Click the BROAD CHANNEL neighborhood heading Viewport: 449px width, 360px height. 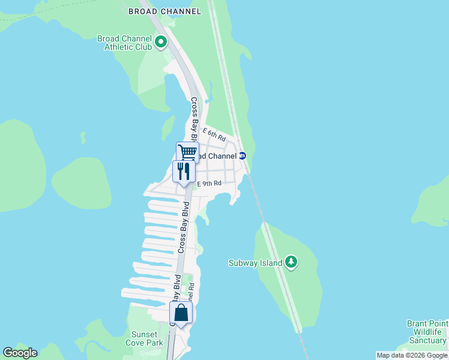tap(164, 11)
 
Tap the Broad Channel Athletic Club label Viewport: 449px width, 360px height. tap(124, 43)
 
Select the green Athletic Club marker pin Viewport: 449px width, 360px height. tap(160, 42)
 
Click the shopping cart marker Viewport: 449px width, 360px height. tap(187, 152)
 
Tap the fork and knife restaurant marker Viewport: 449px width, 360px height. tap(184, 171)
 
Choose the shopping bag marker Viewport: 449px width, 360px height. tap(181, 313)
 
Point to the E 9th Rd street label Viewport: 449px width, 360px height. tap(209, 184)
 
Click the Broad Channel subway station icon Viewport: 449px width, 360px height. tap(243, 156)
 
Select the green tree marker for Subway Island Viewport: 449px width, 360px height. tap(291, 262)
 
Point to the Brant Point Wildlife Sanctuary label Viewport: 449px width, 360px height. tap(427, 332)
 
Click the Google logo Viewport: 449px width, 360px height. tap(20, 353)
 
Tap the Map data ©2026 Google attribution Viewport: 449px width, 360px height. tap(412, 355)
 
